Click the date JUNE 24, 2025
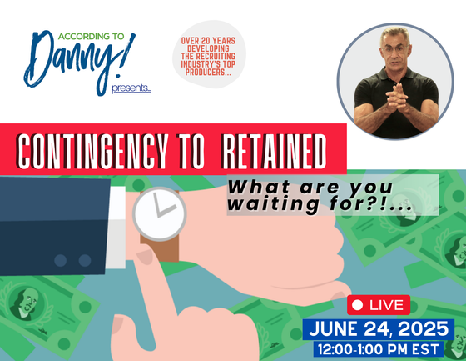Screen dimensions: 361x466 click(x=381, y=328)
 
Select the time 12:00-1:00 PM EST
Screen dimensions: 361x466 click(x=381, y=350)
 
